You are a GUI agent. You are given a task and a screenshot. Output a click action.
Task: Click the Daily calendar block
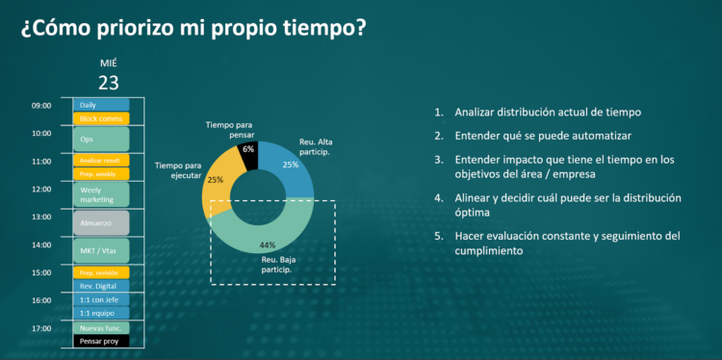[100, 105]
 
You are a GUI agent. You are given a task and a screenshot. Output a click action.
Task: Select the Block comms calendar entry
[100, 118]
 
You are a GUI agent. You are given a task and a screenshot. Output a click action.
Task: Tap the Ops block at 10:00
[100, 139]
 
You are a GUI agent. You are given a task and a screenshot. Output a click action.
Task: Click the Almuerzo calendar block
[100, 222]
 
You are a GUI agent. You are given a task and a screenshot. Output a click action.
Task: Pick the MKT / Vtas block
[100, 251]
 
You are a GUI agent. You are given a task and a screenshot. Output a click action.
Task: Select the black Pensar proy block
[100, 341]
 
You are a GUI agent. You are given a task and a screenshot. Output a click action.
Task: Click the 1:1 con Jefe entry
[100, 299]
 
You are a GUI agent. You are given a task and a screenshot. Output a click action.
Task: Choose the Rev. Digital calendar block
[100, 286]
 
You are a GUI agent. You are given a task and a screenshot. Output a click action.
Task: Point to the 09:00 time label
[41, 106]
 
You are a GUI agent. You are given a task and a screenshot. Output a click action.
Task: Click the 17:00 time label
[41, 328]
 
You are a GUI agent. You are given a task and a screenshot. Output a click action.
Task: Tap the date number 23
[108, 81]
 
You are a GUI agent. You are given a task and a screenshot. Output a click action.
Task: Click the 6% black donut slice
[249, 149]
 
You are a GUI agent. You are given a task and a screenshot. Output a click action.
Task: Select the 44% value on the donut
[268, 244]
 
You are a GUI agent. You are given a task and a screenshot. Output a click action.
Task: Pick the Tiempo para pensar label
[229, 130]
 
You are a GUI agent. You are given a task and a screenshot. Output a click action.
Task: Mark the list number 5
[439, 236]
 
